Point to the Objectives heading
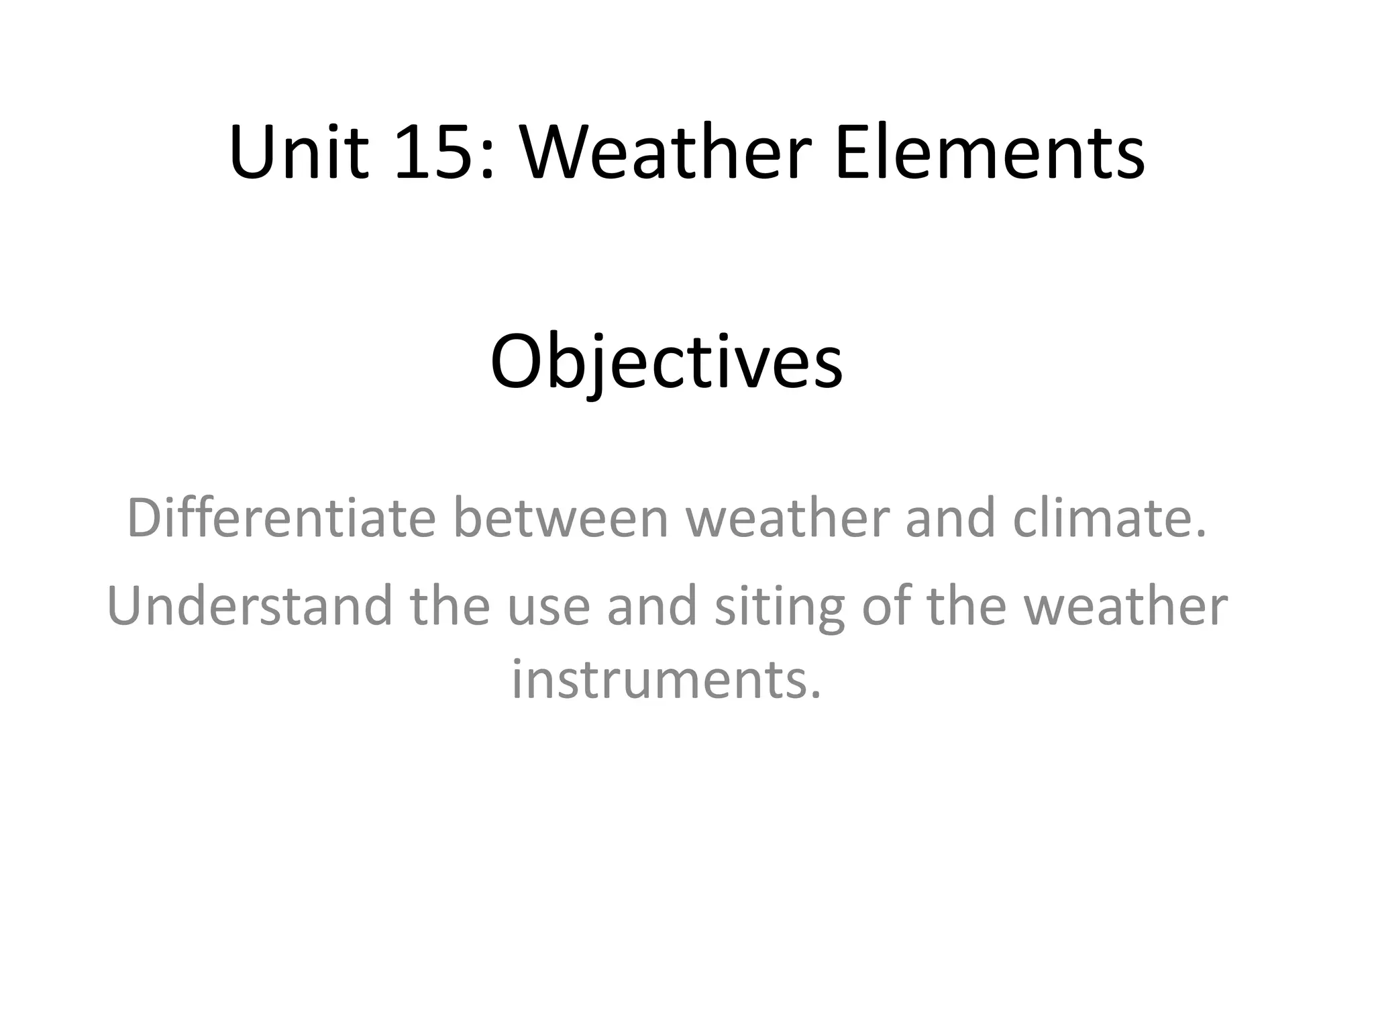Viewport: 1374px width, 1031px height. [x=666, y=363]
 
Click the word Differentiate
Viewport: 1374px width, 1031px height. [x=281, y=518]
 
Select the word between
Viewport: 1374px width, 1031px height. [x=562, y=518]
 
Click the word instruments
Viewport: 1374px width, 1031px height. [x=666, y=679]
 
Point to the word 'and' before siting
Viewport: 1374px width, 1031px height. [x=651, y=606]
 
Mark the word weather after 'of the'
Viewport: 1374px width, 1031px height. [x=1126, y=606]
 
